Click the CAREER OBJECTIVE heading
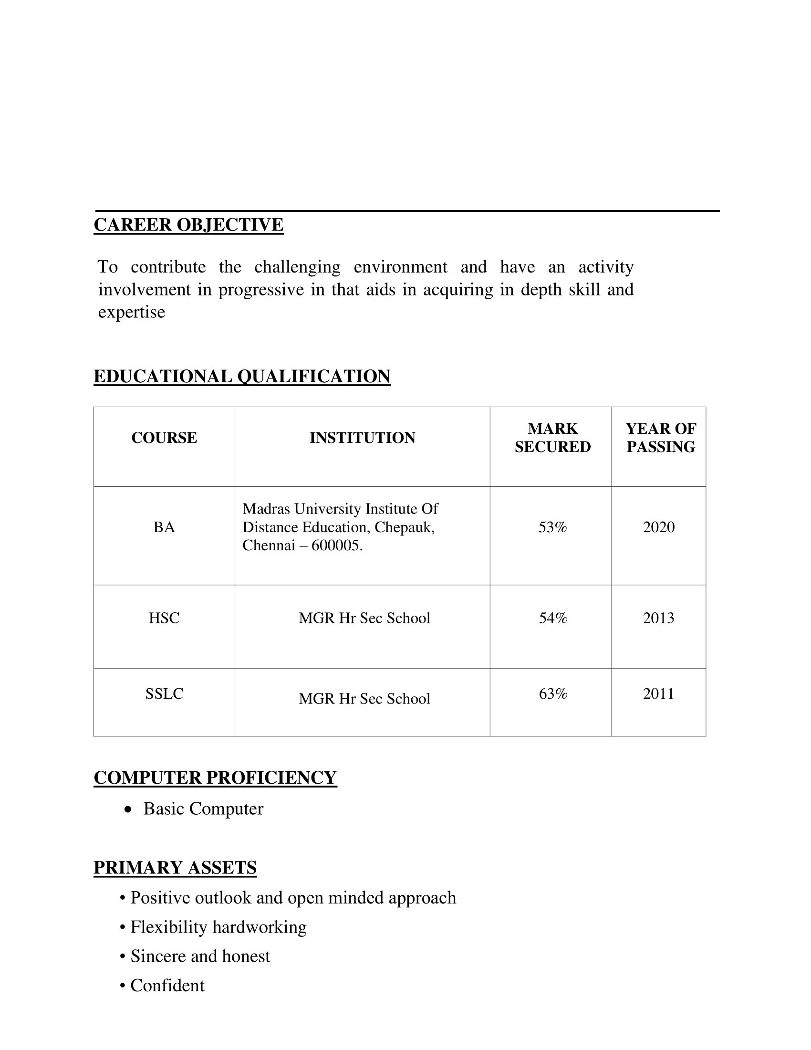coord(188,225)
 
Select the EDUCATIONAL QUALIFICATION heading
coord(242,376)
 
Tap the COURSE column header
coord(164,438)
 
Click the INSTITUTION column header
coord(362,438)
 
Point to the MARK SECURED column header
coord(552,438)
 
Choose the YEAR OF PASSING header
coord(661,438)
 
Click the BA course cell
coord(164,527)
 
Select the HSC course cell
coord(164,618)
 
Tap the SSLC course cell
coord(164,694)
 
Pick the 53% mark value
coord(552,527)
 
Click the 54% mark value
coord(552,618)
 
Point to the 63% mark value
coord(552,694)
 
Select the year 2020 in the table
coord(659,527)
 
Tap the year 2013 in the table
coord(659,618)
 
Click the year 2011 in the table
coord(659,694)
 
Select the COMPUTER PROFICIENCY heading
coord(215,777)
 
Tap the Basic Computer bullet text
coord(203,808)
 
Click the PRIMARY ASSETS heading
coord(175,867)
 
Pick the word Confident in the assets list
coord(167,985)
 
